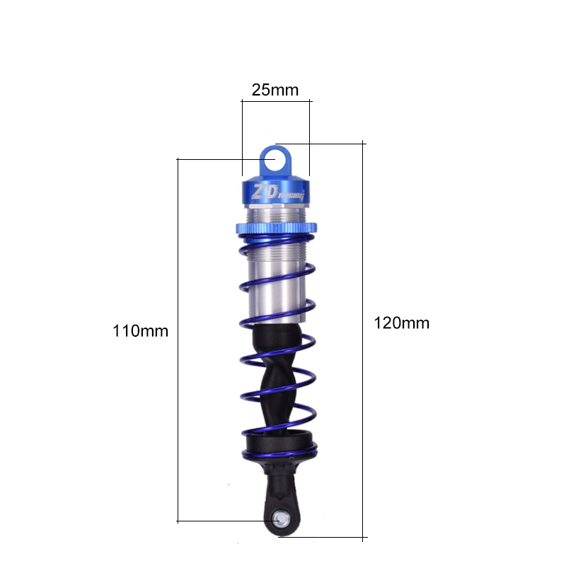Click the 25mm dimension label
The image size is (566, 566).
pyautogui.click(x=275, y=90)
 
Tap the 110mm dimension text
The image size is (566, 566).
pyautogui.click(x=140, y=330)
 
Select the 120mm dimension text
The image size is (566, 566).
pyautogui.click(x=401, y=323)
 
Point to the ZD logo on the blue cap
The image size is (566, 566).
pyautogui.click(x=265, y=192)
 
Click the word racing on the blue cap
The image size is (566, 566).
pyautogui.click(x=291, y=196)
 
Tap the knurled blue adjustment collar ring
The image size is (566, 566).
pyautogui.click(x=277, y=228)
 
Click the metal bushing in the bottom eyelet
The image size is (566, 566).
pyautogui.click(x=281, y=519)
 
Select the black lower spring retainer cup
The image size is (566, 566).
pyautogui.click(x=278, y=444)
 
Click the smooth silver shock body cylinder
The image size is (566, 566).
pyautogui.click(x=276, y=289)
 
